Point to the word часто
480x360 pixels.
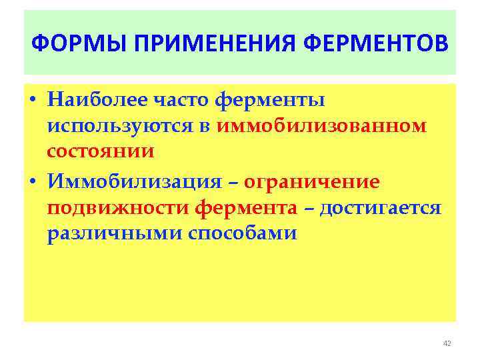181,100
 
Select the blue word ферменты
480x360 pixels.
271,100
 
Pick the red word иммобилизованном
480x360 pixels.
321,126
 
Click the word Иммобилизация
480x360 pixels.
133,182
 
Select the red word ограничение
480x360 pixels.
312,182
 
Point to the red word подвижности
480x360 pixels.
118,208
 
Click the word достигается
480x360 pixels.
381,208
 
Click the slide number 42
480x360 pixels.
447,343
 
